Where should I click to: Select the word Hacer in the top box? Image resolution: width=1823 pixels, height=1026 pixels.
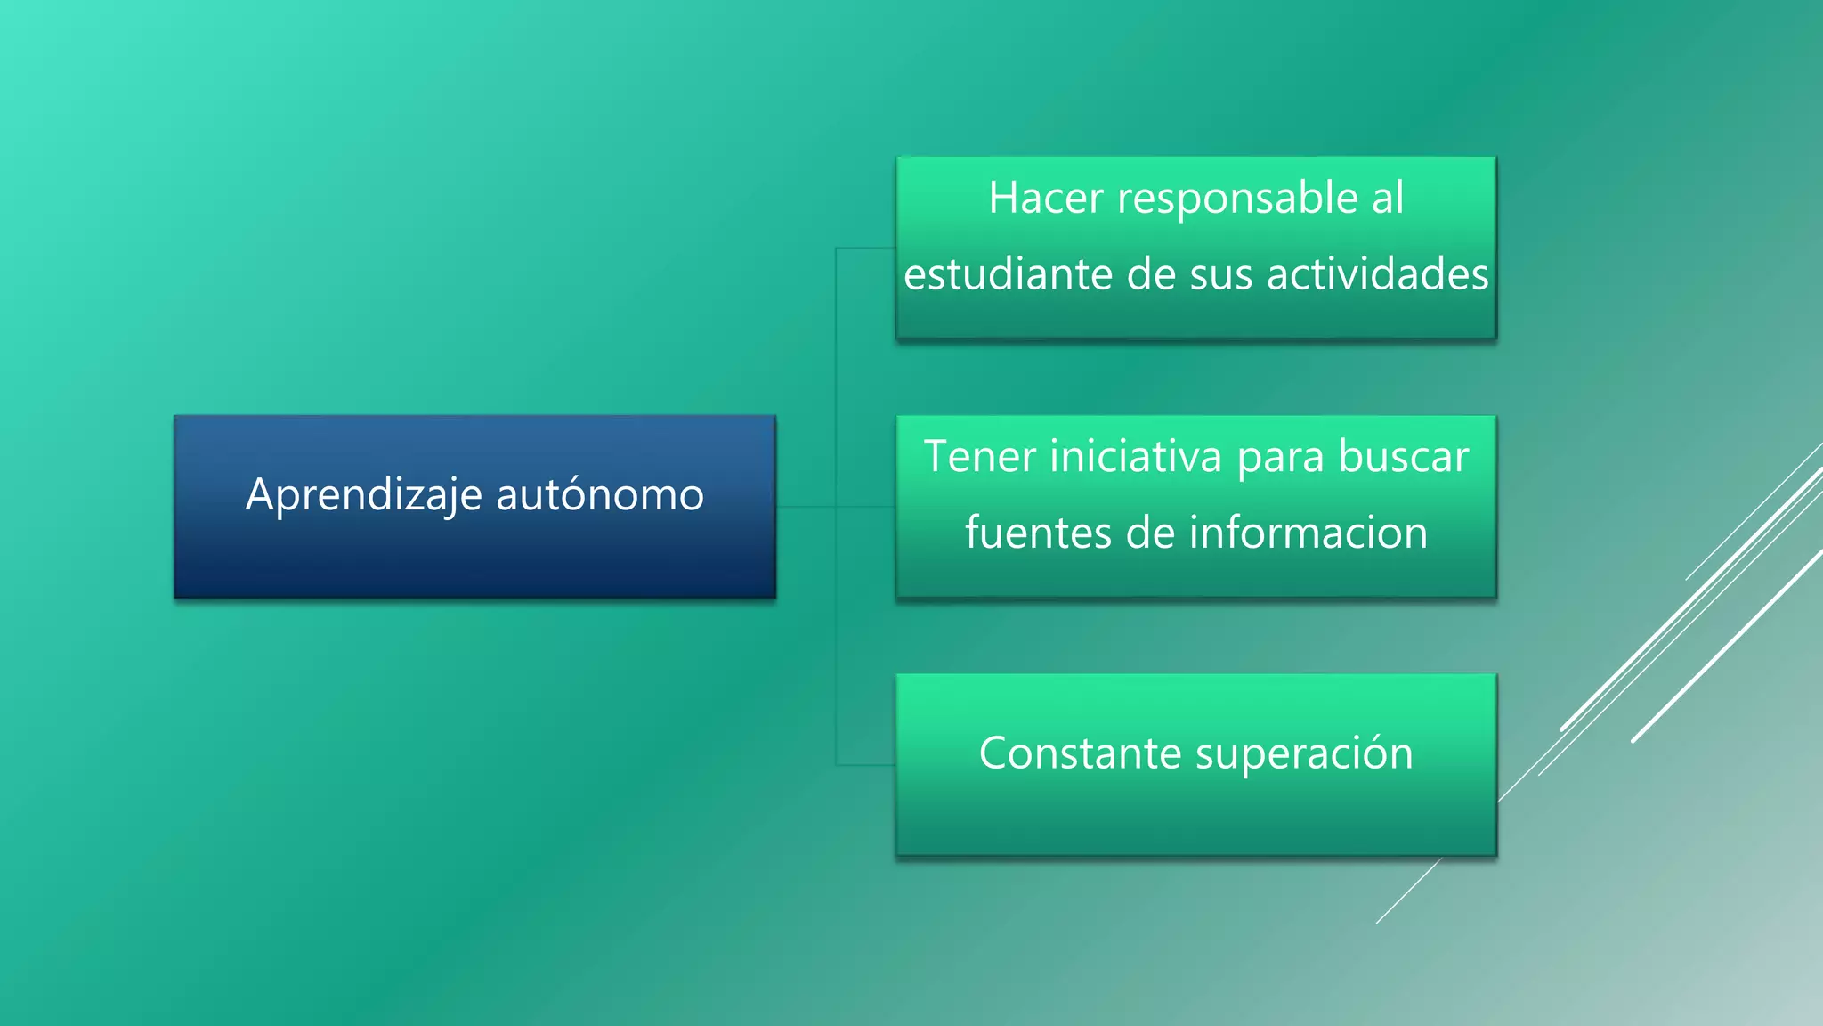[1046, 198]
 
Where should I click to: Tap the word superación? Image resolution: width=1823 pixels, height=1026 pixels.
[1304, 753]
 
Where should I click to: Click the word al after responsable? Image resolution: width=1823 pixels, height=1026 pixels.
[1387, 198]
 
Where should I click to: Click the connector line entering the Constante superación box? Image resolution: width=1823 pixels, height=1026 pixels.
[865, 764]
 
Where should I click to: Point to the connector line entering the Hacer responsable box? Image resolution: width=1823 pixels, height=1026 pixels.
[865, 248]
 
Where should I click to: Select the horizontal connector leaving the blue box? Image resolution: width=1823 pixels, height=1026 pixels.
[806, 507]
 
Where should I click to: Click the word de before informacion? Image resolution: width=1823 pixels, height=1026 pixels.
[1151, 533]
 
